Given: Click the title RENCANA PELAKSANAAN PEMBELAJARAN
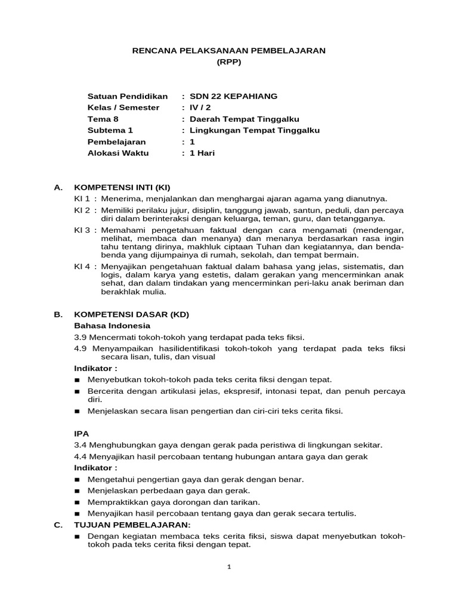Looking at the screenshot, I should pyautogui.click(x=228, y=51).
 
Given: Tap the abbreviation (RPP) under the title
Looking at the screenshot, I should pyautogui.click(x=228, y=62).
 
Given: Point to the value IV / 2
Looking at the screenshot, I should pyautogui.click(x=200, y=107).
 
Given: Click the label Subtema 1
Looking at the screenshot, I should pyautogui.click(x=110, y=130).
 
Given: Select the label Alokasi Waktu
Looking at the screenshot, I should pyautogui.click(x=118, y=153).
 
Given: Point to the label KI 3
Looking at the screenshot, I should pyautogui.click(x=82, y=230).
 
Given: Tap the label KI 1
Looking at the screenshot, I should pyautogui.click(x=82, y=199).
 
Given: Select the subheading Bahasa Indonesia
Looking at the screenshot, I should pyautogui.click(x=112, y=326).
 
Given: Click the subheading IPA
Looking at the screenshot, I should pyautogui.click(x=81, y=434).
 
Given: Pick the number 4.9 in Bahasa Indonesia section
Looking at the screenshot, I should pyautogui.click(x=81, y=348).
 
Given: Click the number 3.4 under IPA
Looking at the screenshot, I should pyautogui.click(x=81, y=445).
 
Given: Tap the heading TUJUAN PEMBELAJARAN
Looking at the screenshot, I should pyautogui.click(x=132, y=524).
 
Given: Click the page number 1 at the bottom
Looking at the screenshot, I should pyautogui.click(x=229, y=567).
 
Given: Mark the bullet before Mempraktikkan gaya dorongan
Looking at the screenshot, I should pyautogui.click(x=77, y=502).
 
